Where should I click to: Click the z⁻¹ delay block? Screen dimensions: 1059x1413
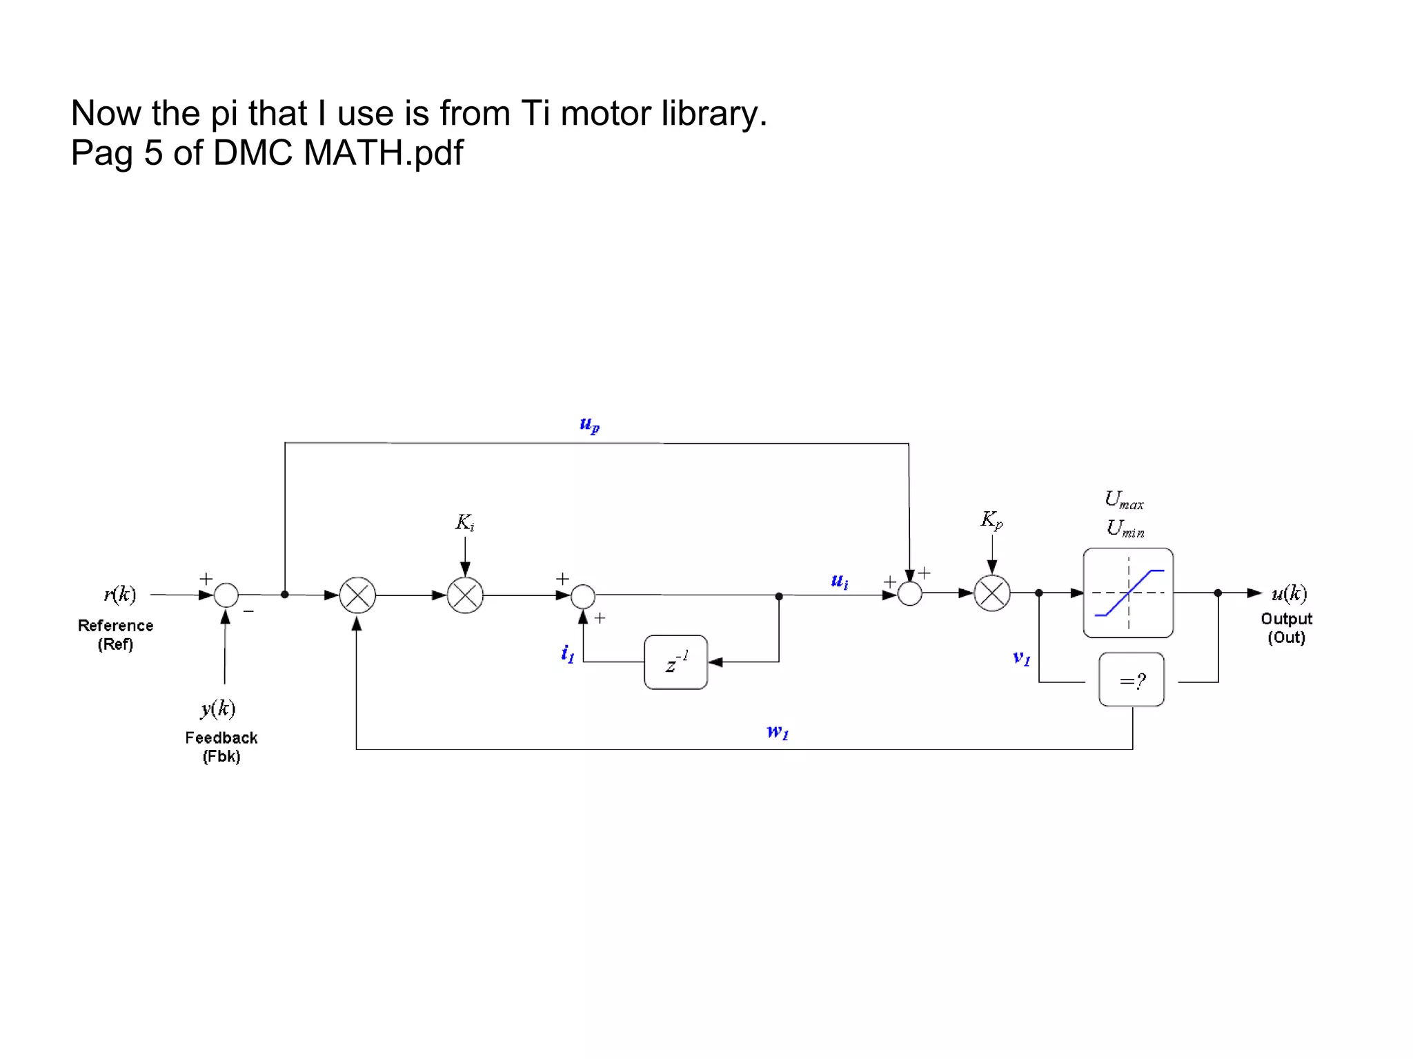click(675, 662)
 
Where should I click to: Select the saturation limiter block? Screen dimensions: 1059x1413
click(1128, 593)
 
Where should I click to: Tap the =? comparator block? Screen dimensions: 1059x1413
click(1132, 680)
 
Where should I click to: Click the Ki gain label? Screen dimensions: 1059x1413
click(464, 522)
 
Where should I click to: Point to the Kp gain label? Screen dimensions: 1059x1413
click(991, 519)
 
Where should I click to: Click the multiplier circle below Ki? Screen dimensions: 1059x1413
click(465, 595)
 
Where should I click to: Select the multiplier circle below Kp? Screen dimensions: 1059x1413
click(992, 593)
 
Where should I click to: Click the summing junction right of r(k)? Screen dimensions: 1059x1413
click(226, 595)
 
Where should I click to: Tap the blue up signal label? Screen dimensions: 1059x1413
click(589, 424)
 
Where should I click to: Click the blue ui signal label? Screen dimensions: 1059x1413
click(840, 581)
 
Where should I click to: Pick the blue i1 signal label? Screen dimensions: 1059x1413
click(567, 653)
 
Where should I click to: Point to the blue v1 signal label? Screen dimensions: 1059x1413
click(1021, 657)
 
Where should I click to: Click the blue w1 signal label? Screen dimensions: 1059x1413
click(778, 731)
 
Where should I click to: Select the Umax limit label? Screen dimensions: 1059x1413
click(1124, 499)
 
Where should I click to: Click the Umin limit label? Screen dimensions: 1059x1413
click(1125, 528)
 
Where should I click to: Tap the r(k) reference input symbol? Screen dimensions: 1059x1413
click(120, 594)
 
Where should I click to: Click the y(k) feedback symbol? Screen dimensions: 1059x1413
click(218, 709)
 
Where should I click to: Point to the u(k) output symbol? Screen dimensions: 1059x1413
click(1289, 593)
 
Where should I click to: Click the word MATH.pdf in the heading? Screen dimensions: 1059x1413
click(383, 152)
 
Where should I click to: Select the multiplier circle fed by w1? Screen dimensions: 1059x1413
click(357, 595)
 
